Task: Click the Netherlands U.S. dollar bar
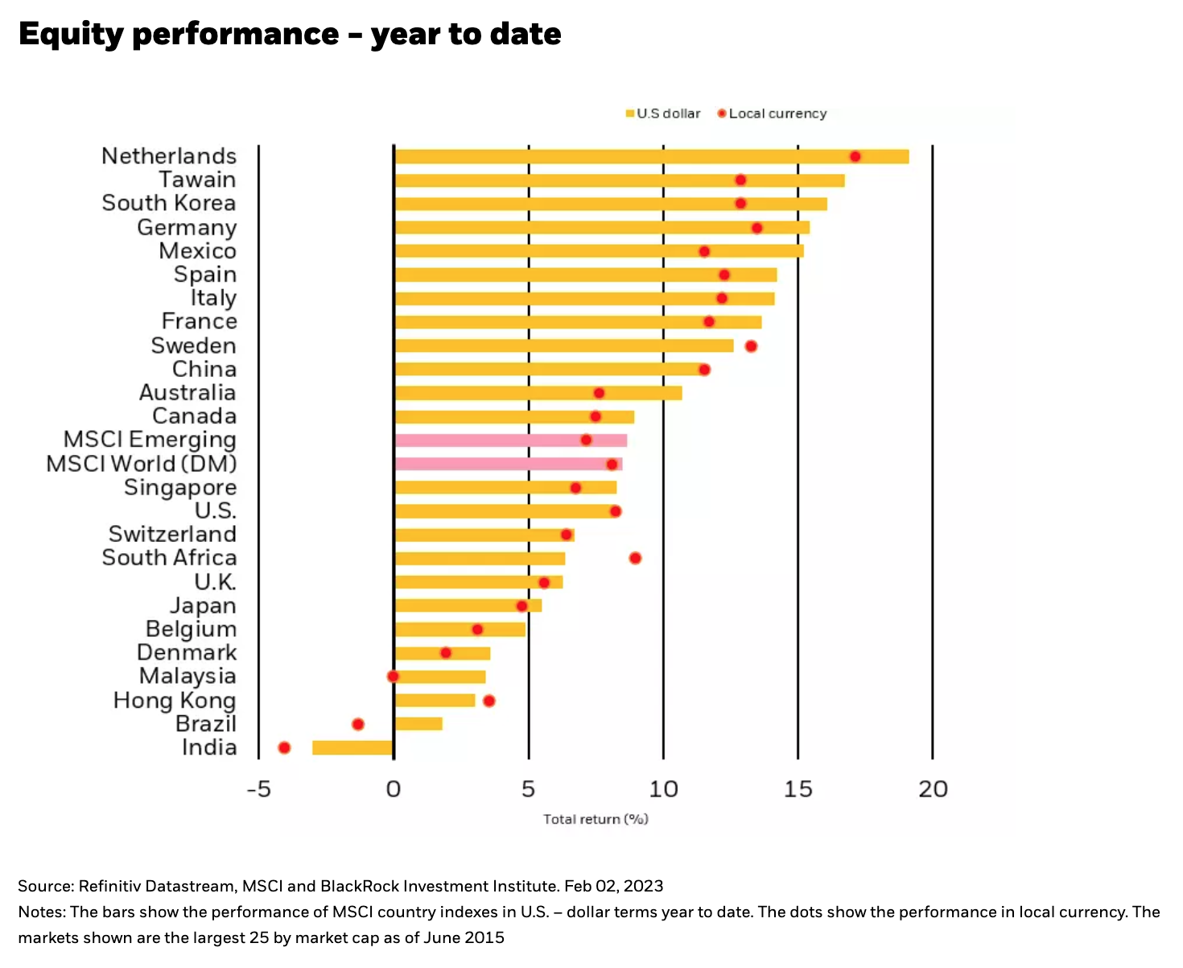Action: point(651,156)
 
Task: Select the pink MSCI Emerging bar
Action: point(510,441)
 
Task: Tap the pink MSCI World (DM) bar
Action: point(508,464)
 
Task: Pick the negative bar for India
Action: point(352,747)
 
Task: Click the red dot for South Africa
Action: point(635,558)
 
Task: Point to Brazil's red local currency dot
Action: point(358,724)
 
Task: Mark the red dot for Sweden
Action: point(751,346)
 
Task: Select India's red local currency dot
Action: point(284,748)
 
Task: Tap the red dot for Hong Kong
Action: point(488,701)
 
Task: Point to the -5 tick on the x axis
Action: point(258,789)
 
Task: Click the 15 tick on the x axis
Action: point(798,789)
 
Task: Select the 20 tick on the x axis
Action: point(933,789)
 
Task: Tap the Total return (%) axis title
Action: point(596,819)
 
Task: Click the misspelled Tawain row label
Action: point(197,180)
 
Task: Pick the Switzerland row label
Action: point(172,534)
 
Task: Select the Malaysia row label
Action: point(188,676)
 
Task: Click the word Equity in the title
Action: point(69,35)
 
